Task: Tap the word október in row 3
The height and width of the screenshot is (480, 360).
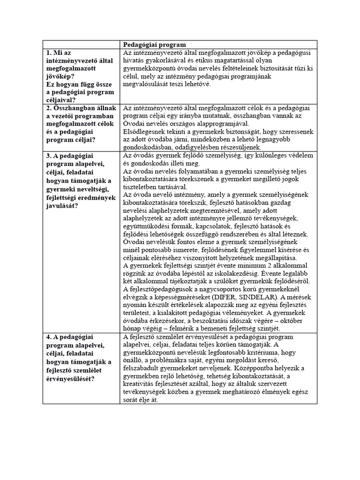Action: [299, 320]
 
